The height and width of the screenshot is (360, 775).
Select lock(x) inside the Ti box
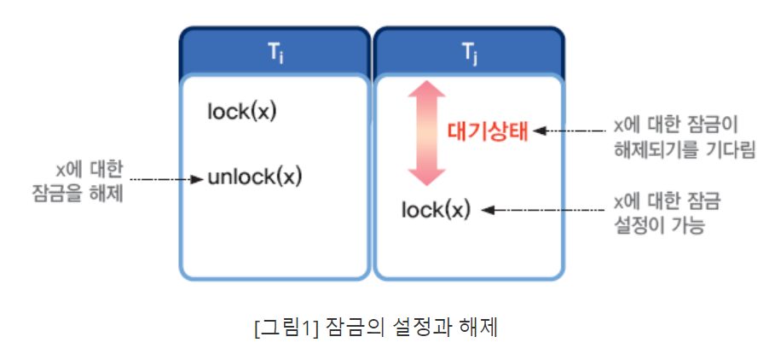pyautogui.click(x=243, y=112)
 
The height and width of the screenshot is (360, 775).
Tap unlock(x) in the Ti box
pyautogui.click(x=255, y=178)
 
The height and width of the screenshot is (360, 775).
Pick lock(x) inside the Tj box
pyautogui.click(x=436, y=208)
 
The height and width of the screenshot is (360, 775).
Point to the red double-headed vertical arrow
pyautogui.click(x=425, y=132)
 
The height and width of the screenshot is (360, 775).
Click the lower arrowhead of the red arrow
pyautogui.click(x=425, y=175)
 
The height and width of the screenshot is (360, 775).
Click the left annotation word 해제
pyautogui.click(x=111, y=194)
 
